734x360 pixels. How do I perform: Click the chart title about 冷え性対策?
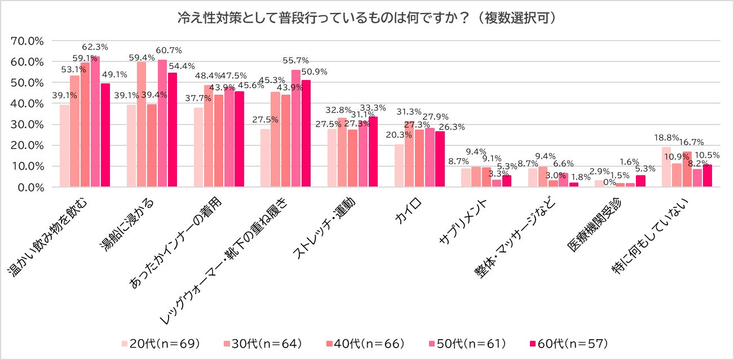coord(367,18)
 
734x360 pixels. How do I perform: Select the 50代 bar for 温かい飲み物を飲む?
coord(95,122)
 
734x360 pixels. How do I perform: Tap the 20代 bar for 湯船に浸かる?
coord(131,146)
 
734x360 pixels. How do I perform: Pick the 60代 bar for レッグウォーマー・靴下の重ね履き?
coord(306,134)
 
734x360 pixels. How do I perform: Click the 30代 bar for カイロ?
coord(409,154)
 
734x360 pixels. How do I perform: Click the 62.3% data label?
coord(95,47)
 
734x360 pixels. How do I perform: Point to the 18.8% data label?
coord(666,137)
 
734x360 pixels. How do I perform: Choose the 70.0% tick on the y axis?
coord(28,41)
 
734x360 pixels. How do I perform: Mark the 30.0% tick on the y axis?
coord(28,125)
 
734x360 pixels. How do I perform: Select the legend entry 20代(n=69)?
coord(160,343)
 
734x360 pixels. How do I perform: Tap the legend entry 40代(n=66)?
coord(363,343)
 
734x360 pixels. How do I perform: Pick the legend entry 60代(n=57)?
coord(566,343)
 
